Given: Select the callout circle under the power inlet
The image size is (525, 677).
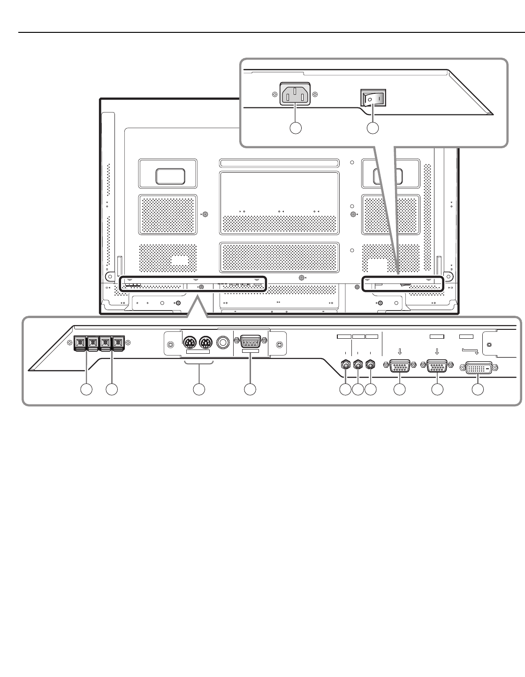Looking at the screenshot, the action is (295, 128).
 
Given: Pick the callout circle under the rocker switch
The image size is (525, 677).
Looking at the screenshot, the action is (373, 128).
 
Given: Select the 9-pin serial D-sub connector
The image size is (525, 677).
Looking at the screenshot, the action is (251, 341).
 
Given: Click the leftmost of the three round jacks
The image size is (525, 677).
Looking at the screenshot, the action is (346, 365).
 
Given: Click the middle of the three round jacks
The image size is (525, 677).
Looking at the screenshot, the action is (358, 365).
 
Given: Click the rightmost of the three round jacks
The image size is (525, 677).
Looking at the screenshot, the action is (371, 365).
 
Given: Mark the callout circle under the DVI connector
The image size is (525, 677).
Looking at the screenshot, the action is (478, 389).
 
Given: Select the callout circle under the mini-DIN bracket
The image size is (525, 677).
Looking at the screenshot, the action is (199, 389).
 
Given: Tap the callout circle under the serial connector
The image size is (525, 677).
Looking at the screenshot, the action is (251, 389).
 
